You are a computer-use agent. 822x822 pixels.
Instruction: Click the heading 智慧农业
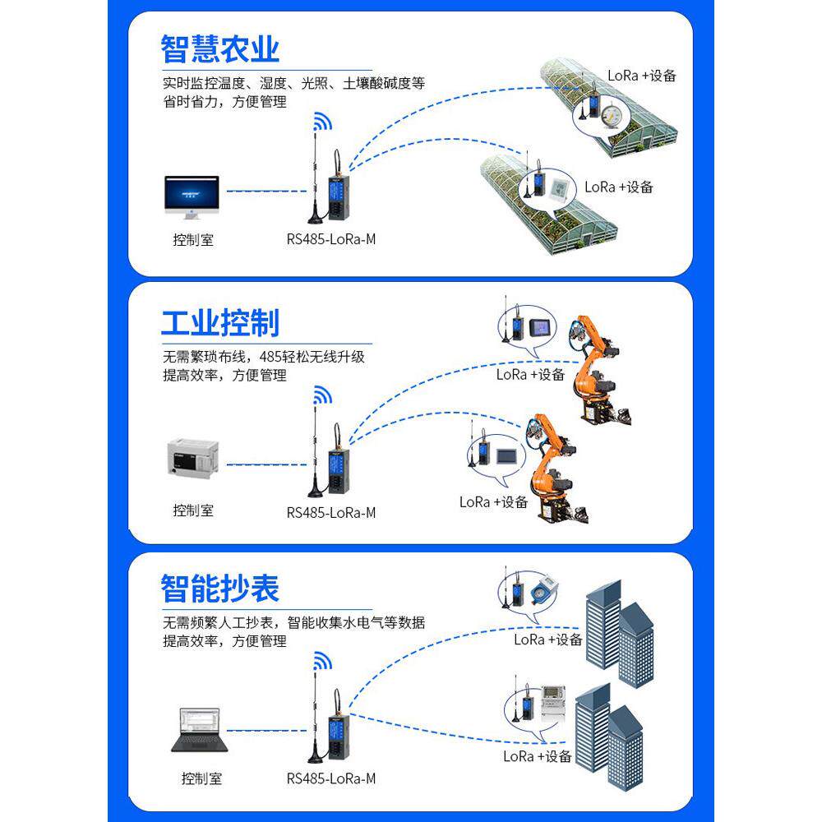(219, 48)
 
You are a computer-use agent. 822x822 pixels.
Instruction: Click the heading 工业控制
(219, 322)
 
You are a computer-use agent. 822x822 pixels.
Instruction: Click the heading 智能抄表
(219, 589)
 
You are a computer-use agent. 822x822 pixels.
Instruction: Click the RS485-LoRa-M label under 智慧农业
(331, 240)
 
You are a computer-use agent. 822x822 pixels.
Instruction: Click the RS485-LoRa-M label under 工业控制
(331, 512)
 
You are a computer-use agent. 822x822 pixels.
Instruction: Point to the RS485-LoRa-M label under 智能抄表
(331, 778)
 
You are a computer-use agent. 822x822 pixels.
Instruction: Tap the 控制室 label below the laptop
(201, 778)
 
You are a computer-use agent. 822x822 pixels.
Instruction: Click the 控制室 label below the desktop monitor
(193, 240)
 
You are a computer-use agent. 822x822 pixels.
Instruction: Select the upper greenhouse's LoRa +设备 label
(642, 75)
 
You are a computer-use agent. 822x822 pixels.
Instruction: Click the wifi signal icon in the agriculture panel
(321, 124)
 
